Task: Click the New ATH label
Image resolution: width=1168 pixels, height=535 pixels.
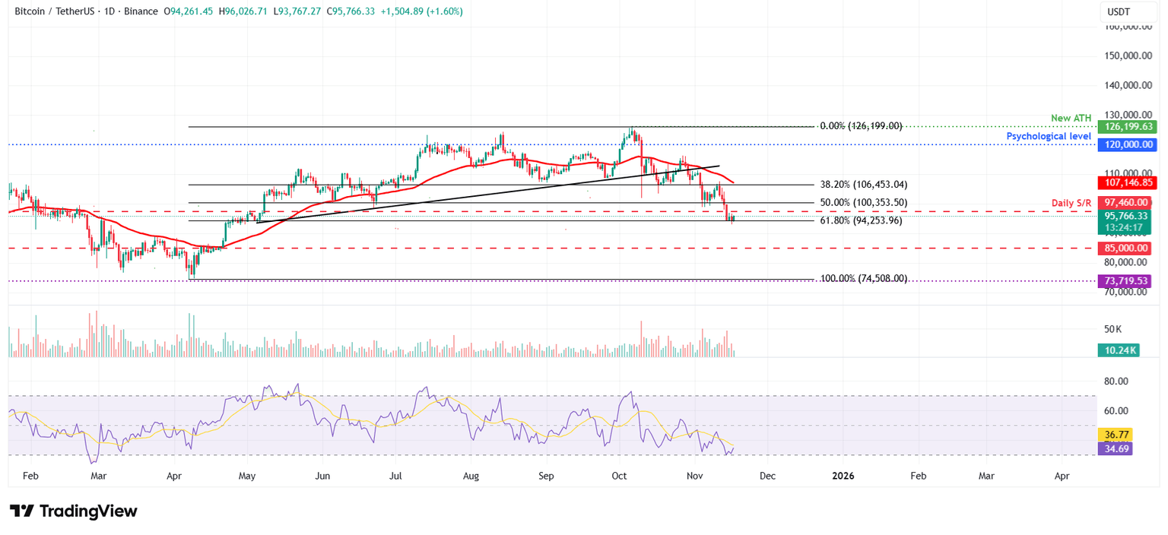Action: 1071,118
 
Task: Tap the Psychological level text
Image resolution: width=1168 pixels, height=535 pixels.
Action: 1049,136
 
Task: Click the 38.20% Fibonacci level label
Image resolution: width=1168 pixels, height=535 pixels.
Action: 864,185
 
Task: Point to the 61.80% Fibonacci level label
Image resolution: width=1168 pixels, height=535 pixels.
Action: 861,220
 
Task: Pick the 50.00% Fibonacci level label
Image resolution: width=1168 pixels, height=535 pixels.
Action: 864,203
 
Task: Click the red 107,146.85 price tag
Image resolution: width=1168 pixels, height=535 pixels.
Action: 1124,183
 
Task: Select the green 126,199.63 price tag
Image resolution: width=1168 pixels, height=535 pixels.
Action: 1124,127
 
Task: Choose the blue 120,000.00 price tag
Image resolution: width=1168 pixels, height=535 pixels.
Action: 1124,144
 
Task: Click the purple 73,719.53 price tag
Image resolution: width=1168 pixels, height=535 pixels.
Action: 1124,281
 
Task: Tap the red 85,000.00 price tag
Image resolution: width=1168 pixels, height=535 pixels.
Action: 1124,249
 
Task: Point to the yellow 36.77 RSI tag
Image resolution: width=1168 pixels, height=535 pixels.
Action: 1115,435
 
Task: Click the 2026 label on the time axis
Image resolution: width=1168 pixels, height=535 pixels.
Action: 843,476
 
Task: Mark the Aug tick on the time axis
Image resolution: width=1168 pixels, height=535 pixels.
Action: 471,476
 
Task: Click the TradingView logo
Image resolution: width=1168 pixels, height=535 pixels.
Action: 74,511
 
